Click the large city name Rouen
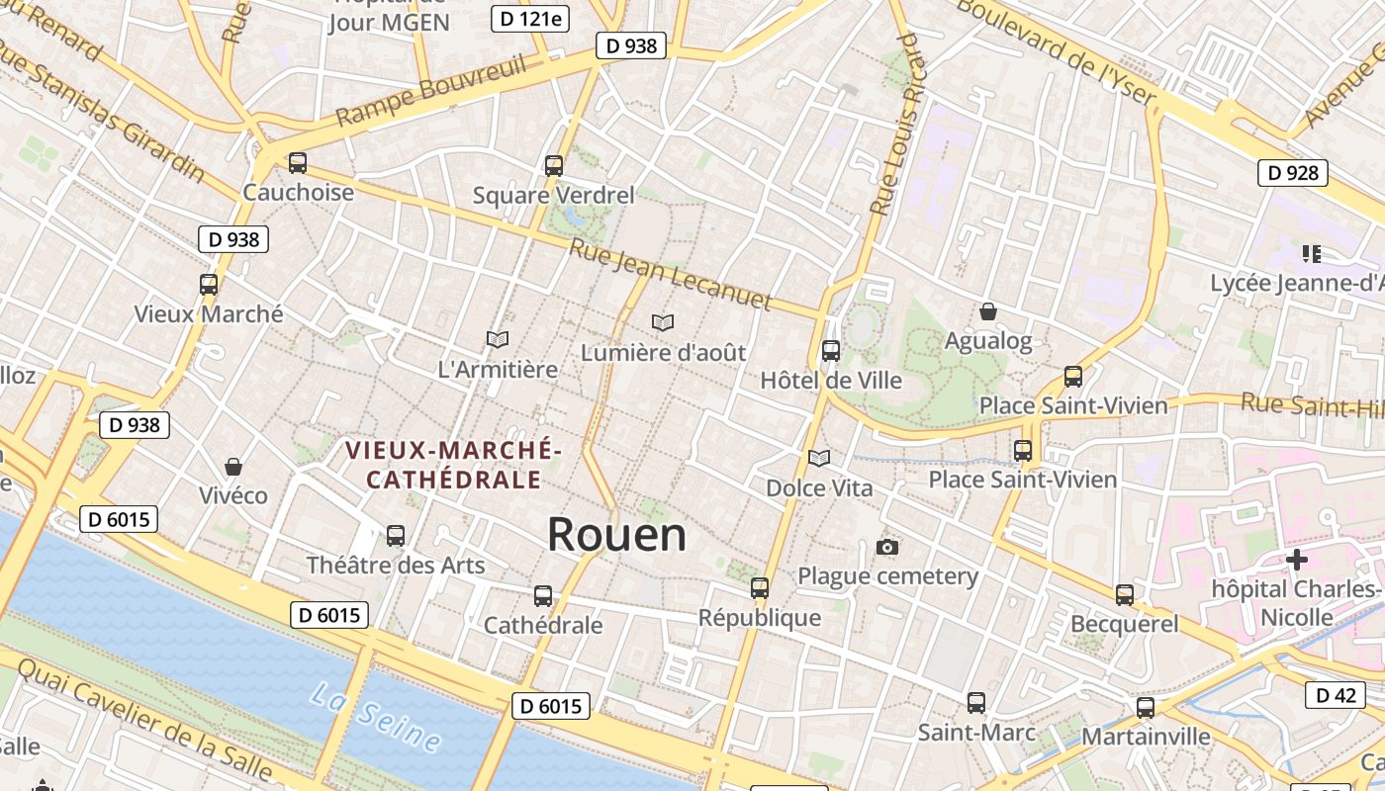(x=616, y=535)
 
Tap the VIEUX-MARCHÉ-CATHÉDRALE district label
(x=453, y=466)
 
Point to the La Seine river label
(x=375, y=716)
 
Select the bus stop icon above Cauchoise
(x=298, y=163)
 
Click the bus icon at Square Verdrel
(x=554, y=165)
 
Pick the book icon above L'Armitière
(x=498, y=339)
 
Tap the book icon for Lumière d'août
(x=663, y=322)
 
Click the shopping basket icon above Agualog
(x=987, y=312)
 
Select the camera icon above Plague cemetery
(x=887, y=547)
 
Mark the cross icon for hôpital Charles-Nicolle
(x=1296, y=560)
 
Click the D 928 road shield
(x=1292, y=173)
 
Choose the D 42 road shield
(x=1335, y=695)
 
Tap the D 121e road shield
(x=530, y=18)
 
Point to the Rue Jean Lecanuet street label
(x=669, y=273)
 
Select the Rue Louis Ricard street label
(x=895, y=124)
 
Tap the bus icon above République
(x=760, y=588)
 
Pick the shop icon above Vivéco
(x=233, y=466)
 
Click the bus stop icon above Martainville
(x=1146, y=708)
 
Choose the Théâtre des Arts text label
(x=396, y=566)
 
